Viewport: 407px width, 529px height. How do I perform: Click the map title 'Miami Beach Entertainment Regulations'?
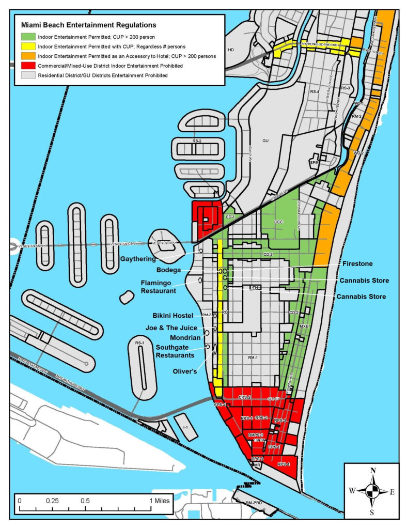click(x=88, y=24)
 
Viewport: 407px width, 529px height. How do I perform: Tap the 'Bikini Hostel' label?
click(x=173, y=315)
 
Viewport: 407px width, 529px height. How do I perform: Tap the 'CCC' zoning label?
click(x=279, y=222)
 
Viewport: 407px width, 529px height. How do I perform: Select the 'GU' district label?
click(x=265, y=140)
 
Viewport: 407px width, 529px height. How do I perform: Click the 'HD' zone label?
click(x=231, y=50)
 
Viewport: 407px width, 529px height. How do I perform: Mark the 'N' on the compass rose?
click(x=372, y=471)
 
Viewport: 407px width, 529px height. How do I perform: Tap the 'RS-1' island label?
click(x=139, y=343)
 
